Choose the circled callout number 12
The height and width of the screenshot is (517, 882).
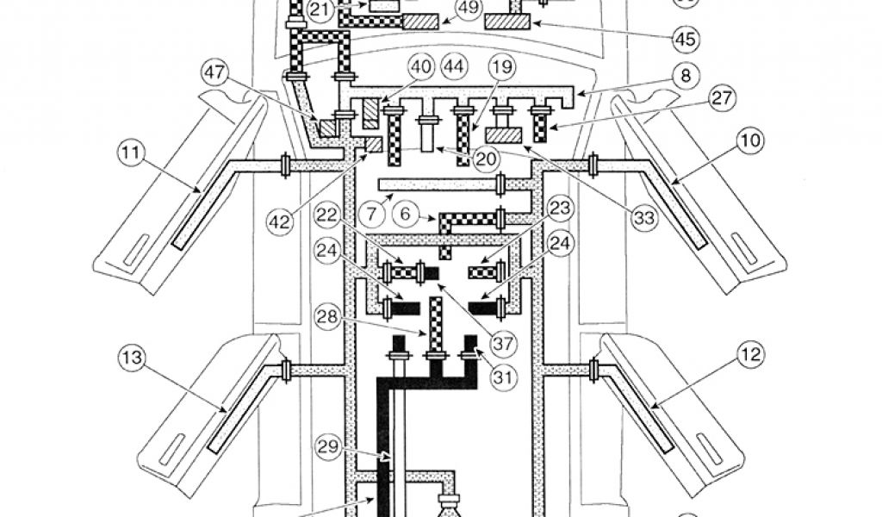coord(748,352)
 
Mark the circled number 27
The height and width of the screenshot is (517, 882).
coord(724,98)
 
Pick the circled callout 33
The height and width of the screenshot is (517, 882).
coord(643,217)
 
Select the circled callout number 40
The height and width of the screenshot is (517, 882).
coord(420,65)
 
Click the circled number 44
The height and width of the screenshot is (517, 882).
coord(453,65)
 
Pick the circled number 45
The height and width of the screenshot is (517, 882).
coord(686,39)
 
